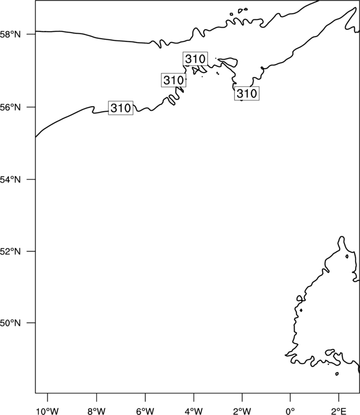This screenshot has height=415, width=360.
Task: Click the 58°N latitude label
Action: (10, 34)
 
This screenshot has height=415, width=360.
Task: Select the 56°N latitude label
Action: (10, 107)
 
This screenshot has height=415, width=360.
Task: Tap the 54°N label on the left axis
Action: (10, 180)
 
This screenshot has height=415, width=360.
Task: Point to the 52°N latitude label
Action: (10, 251)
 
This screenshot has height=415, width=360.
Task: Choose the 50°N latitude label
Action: (10, 323)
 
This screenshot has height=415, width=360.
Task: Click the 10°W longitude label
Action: (48, 411)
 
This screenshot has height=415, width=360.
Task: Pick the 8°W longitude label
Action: (96, 411)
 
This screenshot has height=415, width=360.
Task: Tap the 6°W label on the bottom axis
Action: (145, 411)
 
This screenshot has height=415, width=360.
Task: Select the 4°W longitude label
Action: (194, 411)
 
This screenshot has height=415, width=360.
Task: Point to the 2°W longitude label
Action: (242, 411)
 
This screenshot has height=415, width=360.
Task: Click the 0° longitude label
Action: (290, 411)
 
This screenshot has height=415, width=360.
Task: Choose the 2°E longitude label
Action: (338, 411)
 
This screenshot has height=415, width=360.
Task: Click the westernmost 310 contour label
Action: (121, 108)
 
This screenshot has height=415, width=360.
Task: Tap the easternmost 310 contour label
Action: (247, 94)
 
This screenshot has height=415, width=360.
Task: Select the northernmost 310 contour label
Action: (196, 59)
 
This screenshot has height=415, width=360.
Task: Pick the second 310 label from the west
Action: (173, 80)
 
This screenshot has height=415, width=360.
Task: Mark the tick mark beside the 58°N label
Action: (30, 34)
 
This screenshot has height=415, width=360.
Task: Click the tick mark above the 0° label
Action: (290, 397)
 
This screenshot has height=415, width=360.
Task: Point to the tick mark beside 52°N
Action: (30, 251)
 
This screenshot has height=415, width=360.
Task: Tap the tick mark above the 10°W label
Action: (48, 397)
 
